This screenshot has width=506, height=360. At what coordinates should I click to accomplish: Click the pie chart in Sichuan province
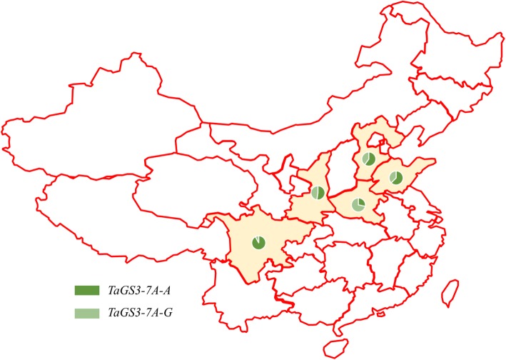click(259, 243)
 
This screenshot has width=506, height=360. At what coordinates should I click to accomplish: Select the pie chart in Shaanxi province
click(318, 192)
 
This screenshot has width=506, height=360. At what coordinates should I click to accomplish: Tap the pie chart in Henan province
click(359, 205)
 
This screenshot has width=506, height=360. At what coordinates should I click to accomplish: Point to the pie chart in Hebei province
click(369, 159)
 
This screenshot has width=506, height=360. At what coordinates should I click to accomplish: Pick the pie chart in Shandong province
click(396, 177)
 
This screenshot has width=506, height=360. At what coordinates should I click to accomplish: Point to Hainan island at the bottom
click(333, 349)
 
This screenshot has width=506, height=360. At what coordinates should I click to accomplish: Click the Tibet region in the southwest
click(114, 207)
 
